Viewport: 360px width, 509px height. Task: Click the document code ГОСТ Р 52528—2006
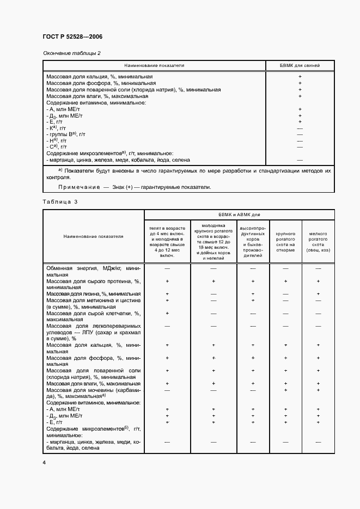(x=72, y=36)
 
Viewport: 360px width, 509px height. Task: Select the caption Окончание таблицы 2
(x=72, y=53)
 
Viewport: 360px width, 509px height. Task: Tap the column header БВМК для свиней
(x=300, y=65)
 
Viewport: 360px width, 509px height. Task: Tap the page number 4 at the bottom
(x=44, y=462)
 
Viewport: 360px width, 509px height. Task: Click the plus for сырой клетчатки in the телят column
(x=167, y=313)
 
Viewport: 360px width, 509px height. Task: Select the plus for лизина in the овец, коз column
(x=318, y=294)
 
